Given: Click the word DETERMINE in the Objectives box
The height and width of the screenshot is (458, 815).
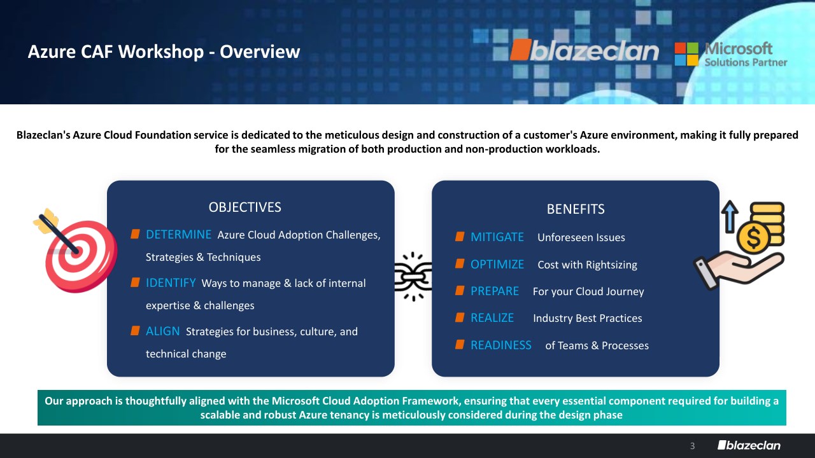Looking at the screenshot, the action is (x=178, y=235).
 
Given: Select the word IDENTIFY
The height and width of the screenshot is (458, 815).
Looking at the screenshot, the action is (x=171, y=283).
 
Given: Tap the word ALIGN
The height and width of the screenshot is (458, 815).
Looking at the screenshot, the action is (x=162, y=331).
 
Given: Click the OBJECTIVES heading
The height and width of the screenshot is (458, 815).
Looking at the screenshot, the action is (x=245, y=207).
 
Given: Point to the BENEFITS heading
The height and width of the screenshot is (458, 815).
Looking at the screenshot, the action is (x=576, y=209).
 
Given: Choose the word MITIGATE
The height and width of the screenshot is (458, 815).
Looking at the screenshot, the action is (x=497, y=237).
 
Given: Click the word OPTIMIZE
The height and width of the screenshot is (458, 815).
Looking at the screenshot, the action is (x=497, y=264).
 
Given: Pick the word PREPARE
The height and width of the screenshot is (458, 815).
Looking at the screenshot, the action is (x=495, y=291).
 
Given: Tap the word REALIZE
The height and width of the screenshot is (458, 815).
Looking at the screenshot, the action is (x=492, y=318).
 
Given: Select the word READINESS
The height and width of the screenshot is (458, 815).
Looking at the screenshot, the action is (x=501, y=345).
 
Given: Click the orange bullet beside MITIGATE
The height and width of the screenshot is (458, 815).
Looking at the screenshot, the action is (x=460, y=237).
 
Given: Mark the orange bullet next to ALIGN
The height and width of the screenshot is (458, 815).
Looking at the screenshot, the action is (x=135, y=331).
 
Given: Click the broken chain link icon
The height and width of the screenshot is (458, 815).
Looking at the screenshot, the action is (x=413, y=277).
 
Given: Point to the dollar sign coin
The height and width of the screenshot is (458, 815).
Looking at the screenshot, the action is (x=753, y=238).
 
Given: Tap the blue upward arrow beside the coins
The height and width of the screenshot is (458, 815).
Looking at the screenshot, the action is (x=730, y=217).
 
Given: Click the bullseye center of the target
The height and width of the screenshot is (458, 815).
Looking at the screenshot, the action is (x=76, y=253).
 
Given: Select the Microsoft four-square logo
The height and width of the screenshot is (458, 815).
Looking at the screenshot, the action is (x=686, y=54).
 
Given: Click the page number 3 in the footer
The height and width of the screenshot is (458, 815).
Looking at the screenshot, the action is (x=692, y=446).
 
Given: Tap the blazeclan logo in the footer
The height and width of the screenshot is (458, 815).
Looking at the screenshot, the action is (x=749, y=445).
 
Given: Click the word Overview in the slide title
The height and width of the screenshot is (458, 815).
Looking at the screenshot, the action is (x=260, y=52).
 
